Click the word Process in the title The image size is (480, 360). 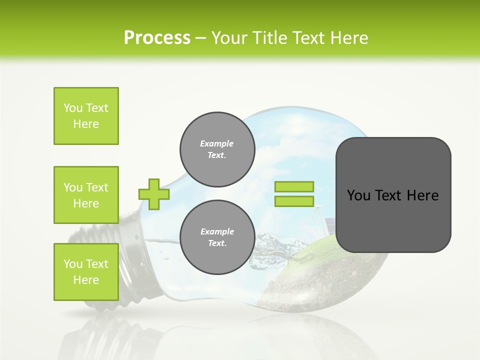click(x=157, y=38)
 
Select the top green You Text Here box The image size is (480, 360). click(x=86, y=116)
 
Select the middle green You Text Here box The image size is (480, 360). click(x=86, y=195)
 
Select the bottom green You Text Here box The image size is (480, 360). click(x=86, y=272)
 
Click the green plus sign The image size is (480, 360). click(x=154, y=194)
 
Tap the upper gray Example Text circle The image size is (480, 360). click(x=217, y=149)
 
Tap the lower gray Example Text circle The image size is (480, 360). click(x=217, y=237)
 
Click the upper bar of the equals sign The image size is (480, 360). click(x=294, y=186)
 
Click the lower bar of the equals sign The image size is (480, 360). click(x=294, y=201)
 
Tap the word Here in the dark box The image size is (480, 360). click(x=422, y=195)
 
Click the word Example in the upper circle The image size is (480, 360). click(x=217, y=143)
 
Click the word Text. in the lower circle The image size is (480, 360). click(x=217, y=243)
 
